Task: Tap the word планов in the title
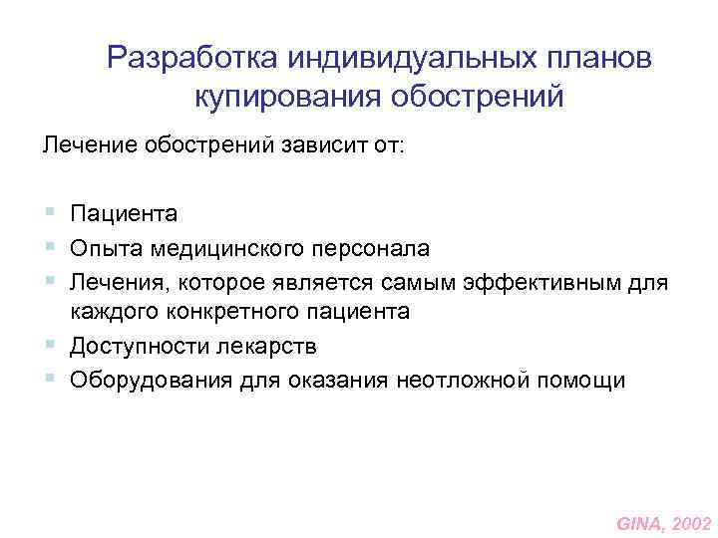[607, 57]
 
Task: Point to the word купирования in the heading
[261, 98]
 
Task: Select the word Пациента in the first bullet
[124, 212]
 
